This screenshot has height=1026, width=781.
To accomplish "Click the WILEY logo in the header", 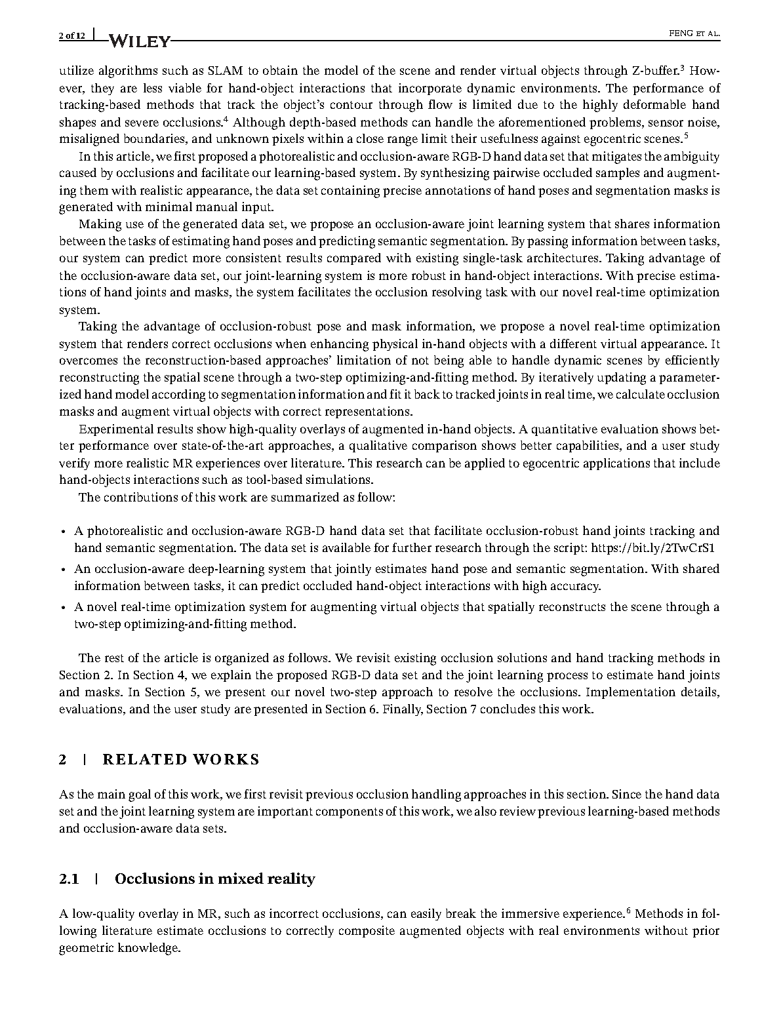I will click(138, 41).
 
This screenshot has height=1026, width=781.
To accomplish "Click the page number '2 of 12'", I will click(72, 35).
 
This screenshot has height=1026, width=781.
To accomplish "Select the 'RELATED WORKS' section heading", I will click(181, 760).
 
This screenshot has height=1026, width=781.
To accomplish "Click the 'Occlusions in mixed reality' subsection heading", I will click(214, 879).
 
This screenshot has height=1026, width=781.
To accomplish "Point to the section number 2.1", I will click(69, 879).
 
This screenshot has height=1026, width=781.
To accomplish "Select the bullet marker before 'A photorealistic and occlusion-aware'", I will click(62, 532).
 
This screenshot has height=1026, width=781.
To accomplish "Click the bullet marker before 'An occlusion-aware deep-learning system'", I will click(62, 570).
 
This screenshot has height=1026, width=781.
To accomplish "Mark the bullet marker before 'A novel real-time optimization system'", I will click(62, 608).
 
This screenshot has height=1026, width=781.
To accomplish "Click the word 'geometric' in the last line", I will click(87, 948).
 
